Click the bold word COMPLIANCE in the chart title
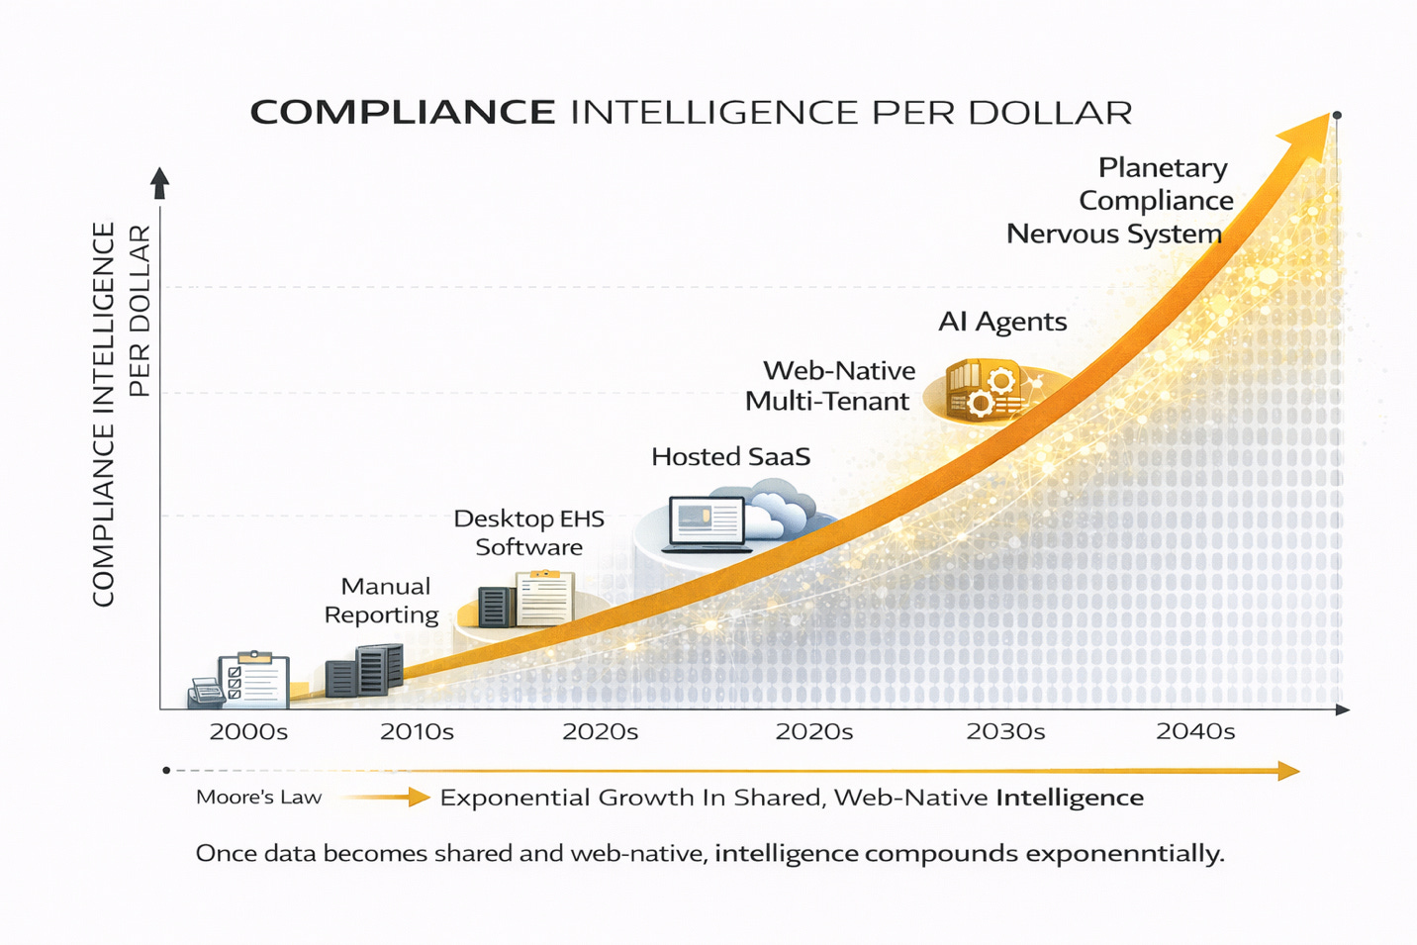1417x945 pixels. [x=402, y=112]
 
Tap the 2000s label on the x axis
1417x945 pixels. [x=248, y=732]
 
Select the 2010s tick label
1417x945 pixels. [x=417, y=732]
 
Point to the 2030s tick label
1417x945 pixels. [x=1005, y=732]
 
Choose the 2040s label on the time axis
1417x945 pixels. [x=1195, y=732]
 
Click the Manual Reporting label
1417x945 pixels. [x=382, y=601]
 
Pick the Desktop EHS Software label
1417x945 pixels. [x=528, y=532]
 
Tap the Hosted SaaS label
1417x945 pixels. [x=730, y=457]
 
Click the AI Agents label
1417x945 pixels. [x=1002, y=322]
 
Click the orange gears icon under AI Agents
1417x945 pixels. [x=991, y=392]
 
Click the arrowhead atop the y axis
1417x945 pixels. [x=159, y=182]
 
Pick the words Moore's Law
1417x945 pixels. [x=258, y=798]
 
